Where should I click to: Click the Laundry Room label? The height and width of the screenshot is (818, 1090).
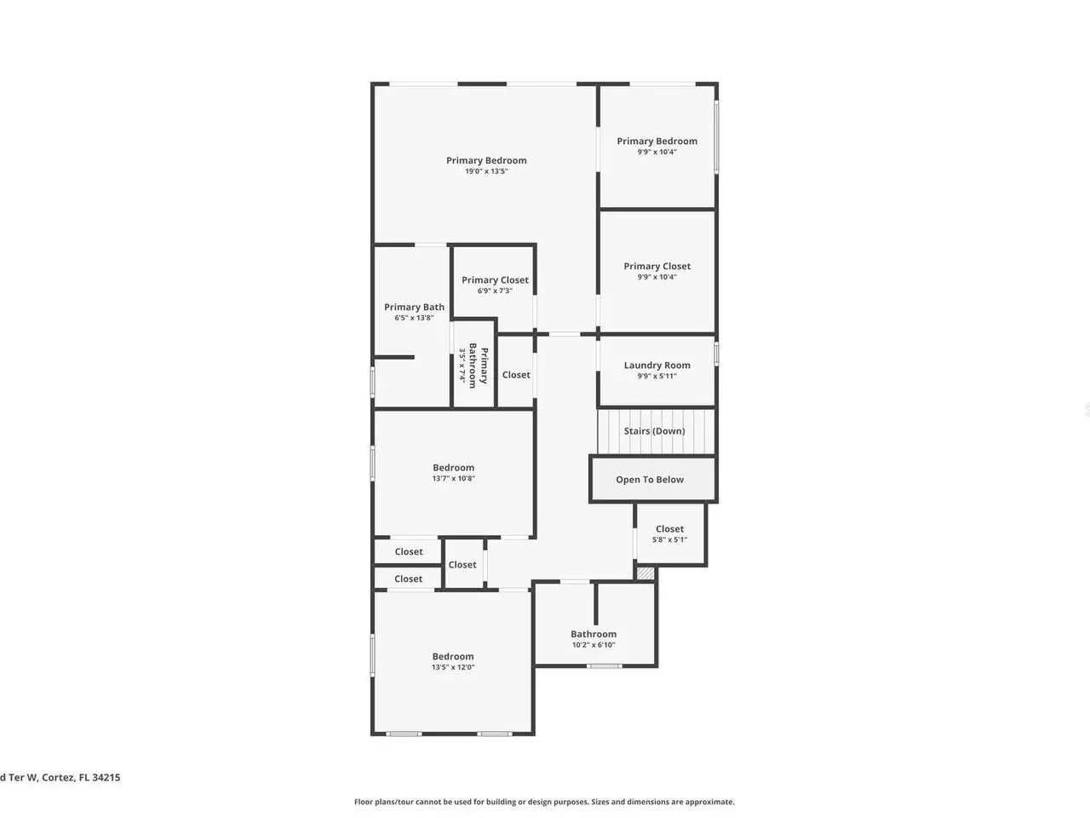(x=657, y=365)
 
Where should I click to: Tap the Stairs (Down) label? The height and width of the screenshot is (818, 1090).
(x=654, y=430)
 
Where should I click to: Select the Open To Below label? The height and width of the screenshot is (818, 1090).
(x=650, y=479)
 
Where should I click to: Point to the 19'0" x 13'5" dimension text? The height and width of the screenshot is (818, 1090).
(x=486, y=171)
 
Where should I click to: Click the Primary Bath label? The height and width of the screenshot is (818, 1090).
(x=414, y=307)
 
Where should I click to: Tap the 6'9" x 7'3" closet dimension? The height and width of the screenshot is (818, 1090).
(x=495, y=291)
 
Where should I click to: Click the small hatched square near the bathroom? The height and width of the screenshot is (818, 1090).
(x=645, y=573)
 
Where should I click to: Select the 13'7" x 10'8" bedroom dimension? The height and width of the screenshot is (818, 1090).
(x=453, y=478)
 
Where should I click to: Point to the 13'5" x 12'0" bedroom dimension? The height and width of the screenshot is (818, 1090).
(x=453, y=667)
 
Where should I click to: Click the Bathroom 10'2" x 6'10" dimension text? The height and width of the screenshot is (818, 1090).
(x=594, y=645)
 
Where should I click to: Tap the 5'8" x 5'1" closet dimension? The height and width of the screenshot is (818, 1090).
(x=669, y=539)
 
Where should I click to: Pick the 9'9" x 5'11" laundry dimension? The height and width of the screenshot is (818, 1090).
(x=657, y=376)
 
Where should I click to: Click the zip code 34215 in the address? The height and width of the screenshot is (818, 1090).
(x=106, y=777)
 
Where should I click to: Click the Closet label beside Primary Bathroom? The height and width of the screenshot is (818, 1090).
(x=516, y=374)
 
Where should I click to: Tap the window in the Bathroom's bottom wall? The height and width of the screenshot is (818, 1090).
(x=604, y=666)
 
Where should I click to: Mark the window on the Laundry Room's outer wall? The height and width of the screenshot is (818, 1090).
(x=716, y=354)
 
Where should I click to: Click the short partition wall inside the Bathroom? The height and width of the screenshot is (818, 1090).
(x=596, y=603)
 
